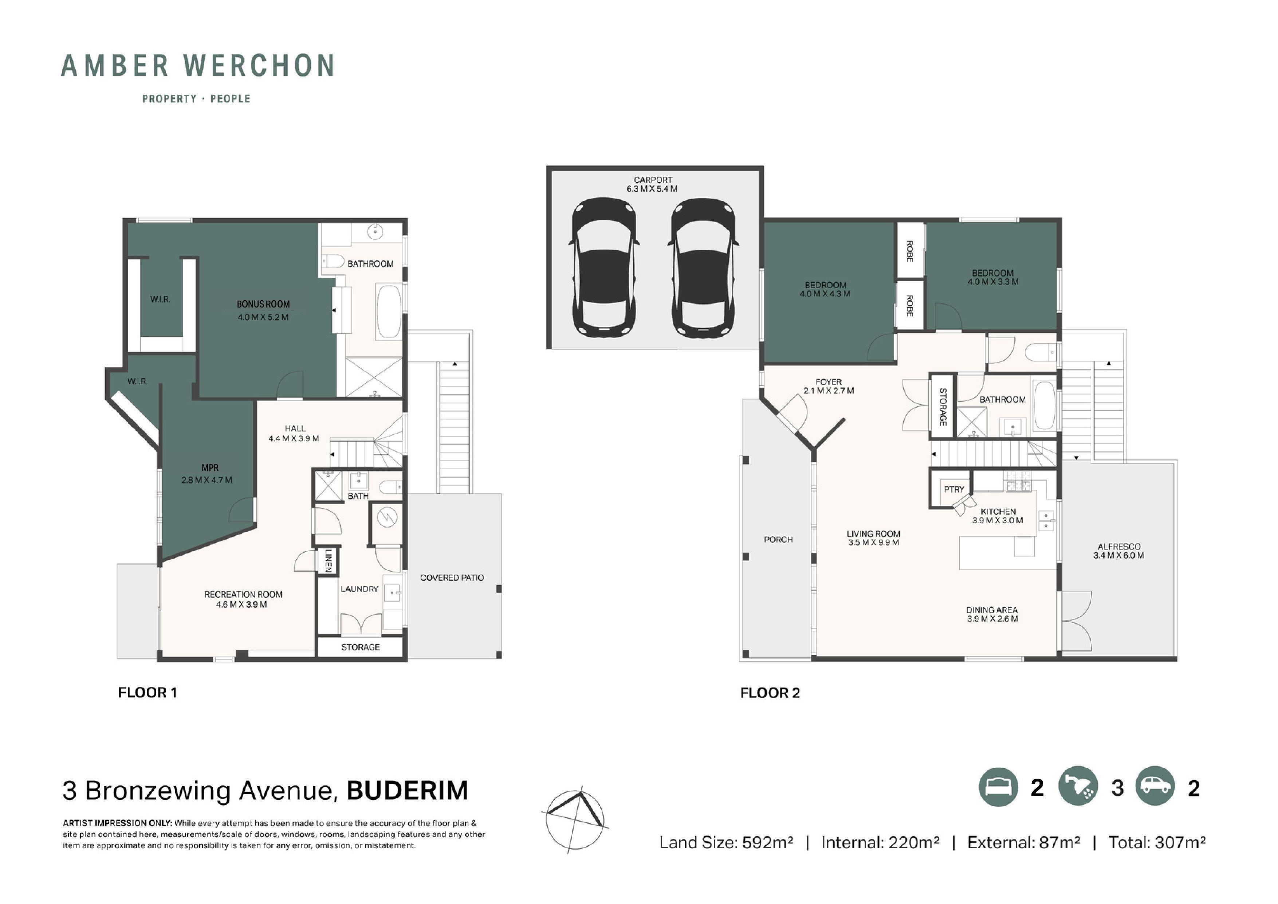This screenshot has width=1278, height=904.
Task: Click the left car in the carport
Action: (x=604, y=269)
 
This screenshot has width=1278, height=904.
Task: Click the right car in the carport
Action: (x=703, y=269)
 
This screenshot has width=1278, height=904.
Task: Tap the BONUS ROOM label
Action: (x=263, y=304)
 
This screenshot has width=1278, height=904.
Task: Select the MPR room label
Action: (x=210, y=468)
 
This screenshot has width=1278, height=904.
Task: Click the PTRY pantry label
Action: (x=954, y=489)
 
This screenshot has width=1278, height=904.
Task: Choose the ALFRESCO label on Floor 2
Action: (x=1119, y=547)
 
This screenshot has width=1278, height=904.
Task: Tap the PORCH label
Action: (x=778, y=539)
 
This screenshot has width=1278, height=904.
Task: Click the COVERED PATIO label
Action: (x=452, y=578)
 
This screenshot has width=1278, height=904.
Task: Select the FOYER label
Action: (x=828, y=382)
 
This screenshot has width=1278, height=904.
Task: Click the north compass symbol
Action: (x=575, y=821)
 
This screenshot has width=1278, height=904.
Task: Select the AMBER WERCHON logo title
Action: (x=198, y=65)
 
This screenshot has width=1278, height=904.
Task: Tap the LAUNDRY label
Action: (x=359, y=589)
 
